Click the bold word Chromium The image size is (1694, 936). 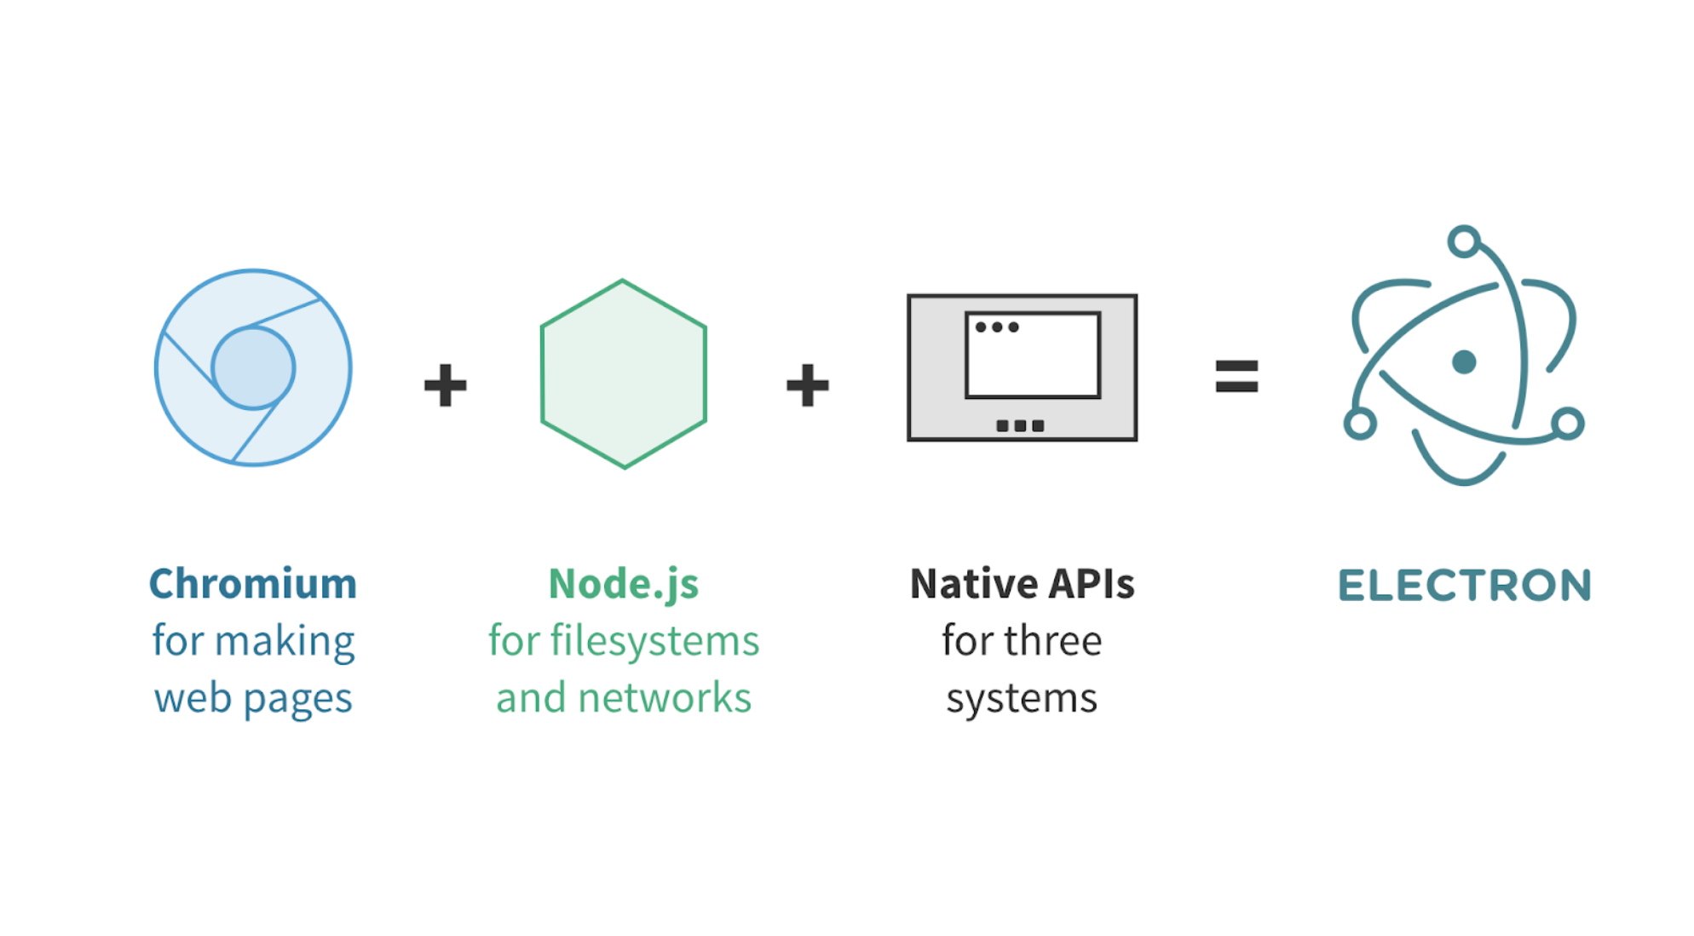coord(252,585)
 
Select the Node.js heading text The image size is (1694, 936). coord(623,585)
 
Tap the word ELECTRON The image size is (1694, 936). coord(1464,586)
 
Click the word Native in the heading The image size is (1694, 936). coord(972,585)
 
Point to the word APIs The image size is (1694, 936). coord(1092,585)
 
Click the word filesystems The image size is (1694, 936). coord(654,641)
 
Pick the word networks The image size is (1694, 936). coord(665,698)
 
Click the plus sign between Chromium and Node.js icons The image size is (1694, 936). coord(445,385)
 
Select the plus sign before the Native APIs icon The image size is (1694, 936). coord(807,385)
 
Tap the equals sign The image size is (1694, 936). coord(1236,376)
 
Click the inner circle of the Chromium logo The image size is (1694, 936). coord(253,368)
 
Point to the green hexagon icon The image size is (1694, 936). coord(623,374)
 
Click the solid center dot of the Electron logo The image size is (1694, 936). coord(1464,362)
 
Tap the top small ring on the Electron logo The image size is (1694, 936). coord(1464,241)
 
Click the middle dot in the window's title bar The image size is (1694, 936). coord(997,327)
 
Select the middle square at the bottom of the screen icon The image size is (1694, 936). coord(1020,425)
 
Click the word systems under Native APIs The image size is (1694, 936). coord(1022,698)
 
